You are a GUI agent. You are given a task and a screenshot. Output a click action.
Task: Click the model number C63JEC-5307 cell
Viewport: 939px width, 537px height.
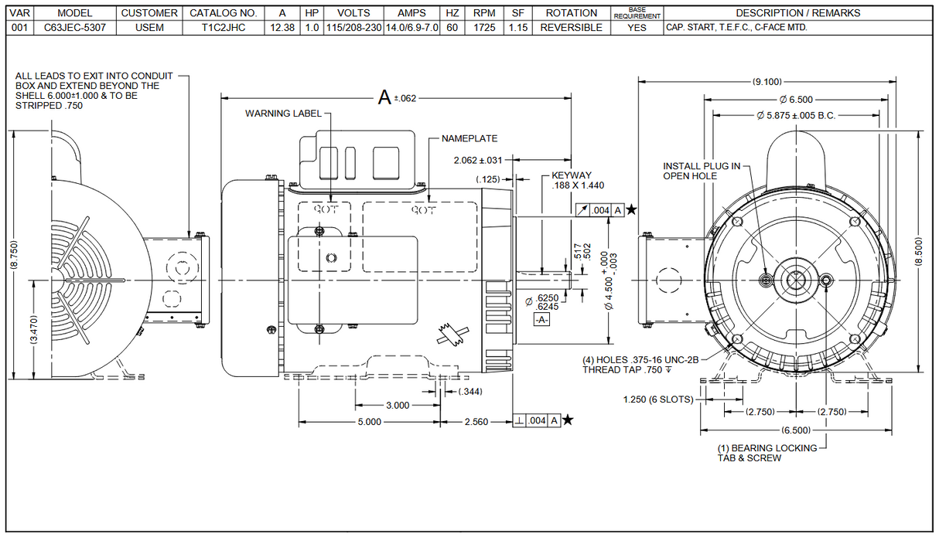click(x=75, y=27)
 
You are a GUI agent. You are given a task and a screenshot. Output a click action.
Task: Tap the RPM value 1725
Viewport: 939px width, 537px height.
click(x=484, y=27)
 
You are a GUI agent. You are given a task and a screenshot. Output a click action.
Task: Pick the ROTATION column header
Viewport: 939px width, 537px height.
click(x=571, y=13)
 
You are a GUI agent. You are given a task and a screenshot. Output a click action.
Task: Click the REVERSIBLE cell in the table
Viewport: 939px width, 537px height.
click(x=571, y=27)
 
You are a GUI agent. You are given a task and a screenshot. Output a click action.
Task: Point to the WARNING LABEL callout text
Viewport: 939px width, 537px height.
click(x=283, y=114)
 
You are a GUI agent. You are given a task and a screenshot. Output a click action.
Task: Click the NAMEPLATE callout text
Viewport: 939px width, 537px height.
click(x=469, y=138)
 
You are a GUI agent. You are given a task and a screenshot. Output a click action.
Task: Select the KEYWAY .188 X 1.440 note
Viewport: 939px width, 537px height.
click(x=577, y=181)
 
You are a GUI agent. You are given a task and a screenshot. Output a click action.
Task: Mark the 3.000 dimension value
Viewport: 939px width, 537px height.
click(x=397, y=406)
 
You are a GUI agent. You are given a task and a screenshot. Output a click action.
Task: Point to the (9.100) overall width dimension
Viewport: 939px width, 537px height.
click(x=767, y=81)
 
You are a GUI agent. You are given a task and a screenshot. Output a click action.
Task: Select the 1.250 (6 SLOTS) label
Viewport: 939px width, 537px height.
click(x=658, y=399)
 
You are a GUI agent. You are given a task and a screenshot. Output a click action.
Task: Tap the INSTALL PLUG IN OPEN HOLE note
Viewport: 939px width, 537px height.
click(x=702, y=171)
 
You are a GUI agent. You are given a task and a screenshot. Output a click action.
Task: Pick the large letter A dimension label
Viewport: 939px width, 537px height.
click(x=384, y=97)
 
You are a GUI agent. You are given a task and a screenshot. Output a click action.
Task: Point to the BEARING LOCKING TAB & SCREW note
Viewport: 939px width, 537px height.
click(x=767, y=453)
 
